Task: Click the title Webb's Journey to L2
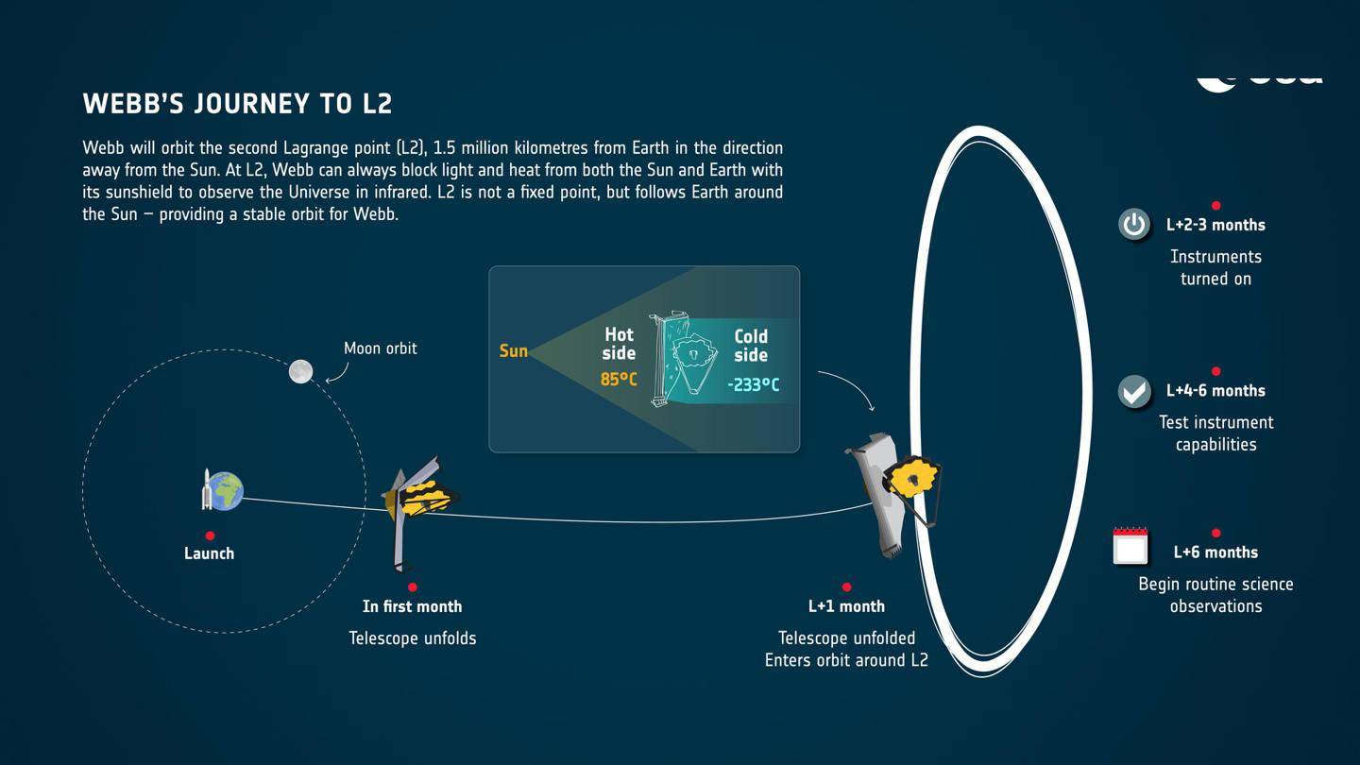[x=237, y=104]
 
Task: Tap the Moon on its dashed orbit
[x=300, y=371]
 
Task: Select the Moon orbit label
[x=380, y=348]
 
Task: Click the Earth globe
[x=227, y=491]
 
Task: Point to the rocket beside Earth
[x=207, y=489]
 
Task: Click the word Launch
[x=209, y=553]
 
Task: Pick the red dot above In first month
[x=413, y=586]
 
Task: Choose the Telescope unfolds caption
[x=413, y=638]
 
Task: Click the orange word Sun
[x=513, y=351]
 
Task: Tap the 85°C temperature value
[x=619, y=380]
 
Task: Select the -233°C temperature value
[x=753, y=384]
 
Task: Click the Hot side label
[x=619, y=344]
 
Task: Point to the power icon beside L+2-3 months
[x=1133, y=225]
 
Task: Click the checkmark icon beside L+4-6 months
[x=1133, y=391]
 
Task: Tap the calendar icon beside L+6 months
[x=1130, y=547]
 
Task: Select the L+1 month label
[x=846, y=606]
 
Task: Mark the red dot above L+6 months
[x=1215, y=534]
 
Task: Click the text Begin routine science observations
[x=1215, y=595]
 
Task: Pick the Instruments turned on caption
[x=1215, y=267]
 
